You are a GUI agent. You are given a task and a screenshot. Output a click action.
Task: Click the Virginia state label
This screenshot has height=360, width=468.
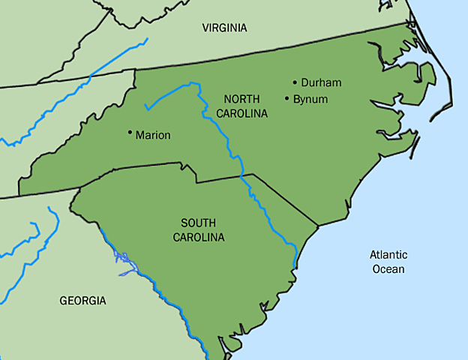(x=224, y=28)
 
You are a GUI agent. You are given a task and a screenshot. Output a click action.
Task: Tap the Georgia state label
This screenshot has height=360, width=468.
(x=82, y=301)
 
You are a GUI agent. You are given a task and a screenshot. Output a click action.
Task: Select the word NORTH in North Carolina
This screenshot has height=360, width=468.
(x=241, y=100)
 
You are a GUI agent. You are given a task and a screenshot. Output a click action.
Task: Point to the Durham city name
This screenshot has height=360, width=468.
(x=321, y=82)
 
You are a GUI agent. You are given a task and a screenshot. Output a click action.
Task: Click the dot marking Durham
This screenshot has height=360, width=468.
(x=295, y=82)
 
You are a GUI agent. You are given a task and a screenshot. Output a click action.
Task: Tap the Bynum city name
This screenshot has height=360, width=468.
(x=310, y=99)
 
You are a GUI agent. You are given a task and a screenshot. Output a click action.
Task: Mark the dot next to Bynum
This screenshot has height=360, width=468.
(x=287, y=98)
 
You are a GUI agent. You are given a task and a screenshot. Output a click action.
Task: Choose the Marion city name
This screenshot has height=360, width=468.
(x=153, y=136)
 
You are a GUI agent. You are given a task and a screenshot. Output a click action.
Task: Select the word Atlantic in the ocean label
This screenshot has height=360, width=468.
(x=388, y=255)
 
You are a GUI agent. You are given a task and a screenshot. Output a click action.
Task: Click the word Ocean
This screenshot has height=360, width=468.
(x=388, y=269)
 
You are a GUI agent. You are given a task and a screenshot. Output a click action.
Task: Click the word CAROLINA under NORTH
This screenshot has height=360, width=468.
(x=241, y=114)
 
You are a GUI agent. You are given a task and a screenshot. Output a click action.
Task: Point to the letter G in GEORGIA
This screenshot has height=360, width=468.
(x=64, y=301)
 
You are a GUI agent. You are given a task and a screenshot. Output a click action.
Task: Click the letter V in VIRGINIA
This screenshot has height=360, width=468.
(x=205, y=28)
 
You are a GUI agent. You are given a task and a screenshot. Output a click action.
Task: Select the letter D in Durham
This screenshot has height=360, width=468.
(x=304, y=82)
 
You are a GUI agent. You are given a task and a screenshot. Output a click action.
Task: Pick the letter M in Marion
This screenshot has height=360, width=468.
(x=139, y=136)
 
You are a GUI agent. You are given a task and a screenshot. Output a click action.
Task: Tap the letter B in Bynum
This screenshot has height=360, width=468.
(x=296, y=99)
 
